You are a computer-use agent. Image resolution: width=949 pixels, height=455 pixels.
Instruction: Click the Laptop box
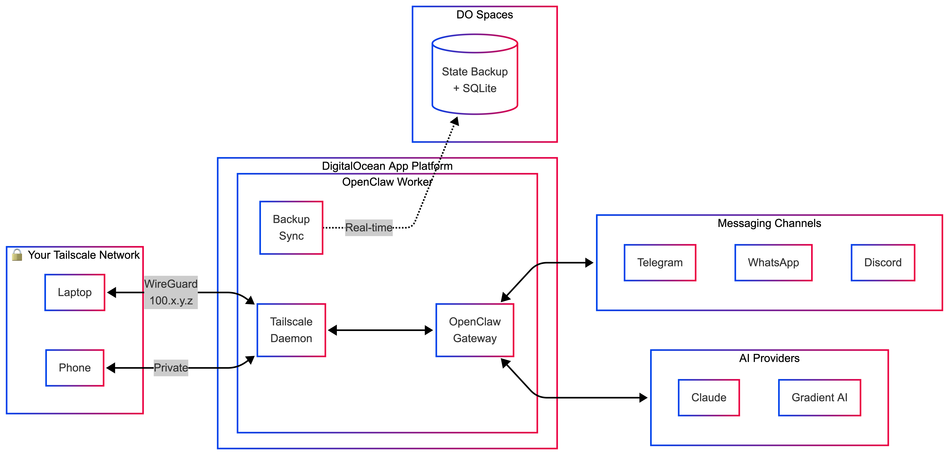pos(75,292)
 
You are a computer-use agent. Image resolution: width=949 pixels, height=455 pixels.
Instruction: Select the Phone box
pos(75,368)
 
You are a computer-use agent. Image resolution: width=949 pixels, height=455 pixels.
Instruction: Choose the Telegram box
pos(660,263)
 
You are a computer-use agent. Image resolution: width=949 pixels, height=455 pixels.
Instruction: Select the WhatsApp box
pos(773,263)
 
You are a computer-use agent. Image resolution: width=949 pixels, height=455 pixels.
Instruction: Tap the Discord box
pos(883,263)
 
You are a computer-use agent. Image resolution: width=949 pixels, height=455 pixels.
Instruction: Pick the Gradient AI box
pos(819,397)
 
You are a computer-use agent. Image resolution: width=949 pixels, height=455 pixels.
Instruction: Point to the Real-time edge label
pos(369,228)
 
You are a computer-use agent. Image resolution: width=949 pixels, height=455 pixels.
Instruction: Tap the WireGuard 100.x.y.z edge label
pos(171,292)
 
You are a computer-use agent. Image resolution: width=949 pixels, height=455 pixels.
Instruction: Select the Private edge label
pos(171,368)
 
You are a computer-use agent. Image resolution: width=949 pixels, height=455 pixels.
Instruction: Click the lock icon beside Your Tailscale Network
pos(17,255)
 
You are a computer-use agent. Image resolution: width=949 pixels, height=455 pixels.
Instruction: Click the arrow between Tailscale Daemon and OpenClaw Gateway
pos(380,330)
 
